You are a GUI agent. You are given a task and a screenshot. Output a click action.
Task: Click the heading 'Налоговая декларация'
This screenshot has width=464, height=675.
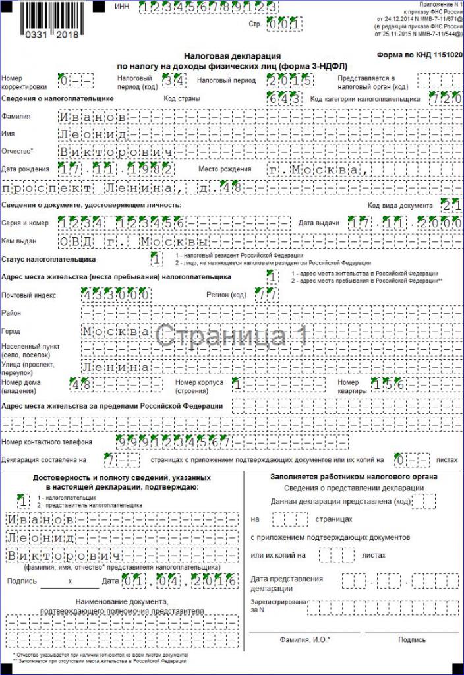233,57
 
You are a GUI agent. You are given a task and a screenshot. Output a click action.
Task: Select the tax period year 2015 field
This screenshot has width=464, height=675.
289,82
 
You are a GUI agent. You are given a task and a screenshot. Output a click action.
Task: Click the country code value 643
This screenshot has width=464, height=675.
285,99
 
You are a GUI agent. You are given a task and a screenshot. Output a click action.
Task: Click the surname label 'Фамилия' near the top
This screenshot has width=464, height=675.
16,116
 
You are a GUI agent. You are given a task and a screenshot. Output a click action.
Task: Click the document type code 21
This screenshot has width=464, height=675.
451,205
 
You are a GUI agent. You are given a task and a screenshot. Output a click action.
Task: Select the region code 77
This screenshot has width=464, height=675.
267,295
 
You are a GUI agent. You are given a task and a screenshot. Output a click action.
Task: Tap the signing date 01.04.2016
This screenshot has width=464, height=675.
179,581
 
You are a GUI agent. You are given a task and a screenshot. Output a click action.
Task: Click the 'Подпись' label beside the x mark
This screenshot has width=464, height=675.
18,581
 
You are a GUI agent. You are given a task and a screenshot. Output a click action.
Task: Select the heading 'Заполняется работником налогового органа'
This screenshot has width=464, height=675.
354,476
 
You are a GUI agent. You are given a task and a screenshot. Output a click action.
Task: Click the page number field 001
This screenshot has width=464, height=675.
284,25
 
